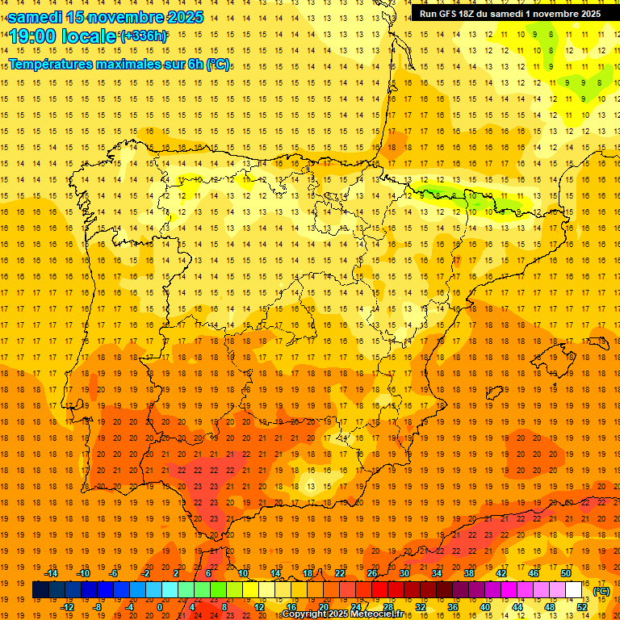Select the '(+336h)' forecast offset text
[143, 36]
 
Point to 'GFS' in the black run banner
[451, 14]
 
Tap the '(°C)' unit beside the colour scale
[601, 591]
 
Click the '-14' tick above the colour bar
[52, 573]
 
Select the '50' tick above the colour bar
[565, 573]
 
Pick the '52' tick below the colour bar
[581, 607]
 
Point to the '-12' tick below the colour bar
[69, 607]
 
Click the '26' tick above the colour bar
[371, 573]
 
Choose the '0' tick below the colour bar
[160, 607]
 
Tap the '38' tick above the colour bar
[468, 573]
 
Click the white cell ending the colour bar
[574, 590]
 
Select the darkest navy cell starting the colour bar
[40, 590]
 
